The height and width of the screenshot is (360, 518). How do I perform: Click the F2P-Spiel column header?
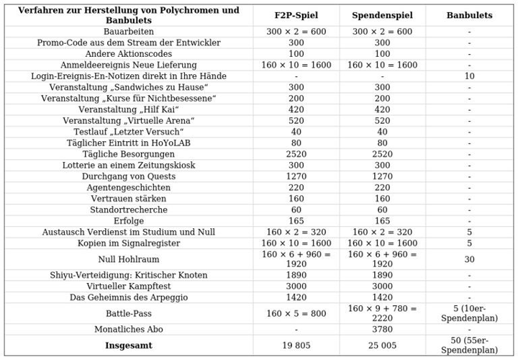point(296,15)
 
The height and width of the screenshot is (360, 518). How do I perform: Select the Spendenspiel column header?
point(382,15)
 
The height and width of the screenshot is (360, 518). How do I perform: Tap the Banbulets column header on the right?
point(469,15)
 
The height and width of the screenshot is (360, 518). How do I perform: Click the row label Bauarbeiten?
point(129,32)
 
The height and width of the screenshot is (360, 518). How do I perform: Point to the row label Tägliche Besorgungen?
point(129,154)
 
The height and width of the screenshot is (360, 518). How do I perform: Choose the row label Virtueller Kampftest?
point(129,287)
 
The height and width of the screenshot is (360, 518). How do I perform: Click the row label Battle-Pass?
point(129,314)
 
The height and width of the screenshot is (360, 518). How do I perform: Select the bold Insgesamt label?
point(129,346)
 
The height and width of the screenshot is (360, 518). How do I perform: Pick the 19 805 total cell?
point(296,346)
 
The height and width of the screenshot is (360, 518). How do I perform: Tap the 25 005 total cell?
point(382,346)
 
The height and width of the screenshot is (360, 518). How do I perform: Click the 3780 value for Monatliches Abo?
point(382,330)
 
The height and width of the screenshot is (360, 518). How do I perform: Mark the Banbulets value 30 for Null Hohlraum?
point(469,259)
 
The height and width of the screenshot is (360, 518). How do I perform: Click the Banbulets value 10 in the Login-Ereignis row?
point(469,76)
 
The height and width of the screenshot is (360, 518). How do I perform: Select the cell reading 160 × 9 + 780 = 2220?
point(382,314)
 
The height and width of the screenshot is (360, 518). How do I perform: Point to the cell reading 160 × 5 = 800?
point(296,314)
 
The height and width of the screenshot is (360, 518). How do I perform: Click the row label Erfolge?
point(129,221)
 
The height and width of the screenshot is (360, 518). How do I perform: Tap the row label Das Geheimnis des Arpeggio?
point(129,297)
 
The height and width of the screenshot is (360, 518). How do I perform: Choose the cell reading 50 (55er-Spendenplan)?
point(469,346)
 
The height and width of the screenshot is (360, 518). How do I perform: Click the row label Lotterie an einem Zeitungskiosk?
point(129,166)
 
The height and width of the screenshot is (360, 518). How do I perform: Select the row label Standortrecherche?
point(129,210)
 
